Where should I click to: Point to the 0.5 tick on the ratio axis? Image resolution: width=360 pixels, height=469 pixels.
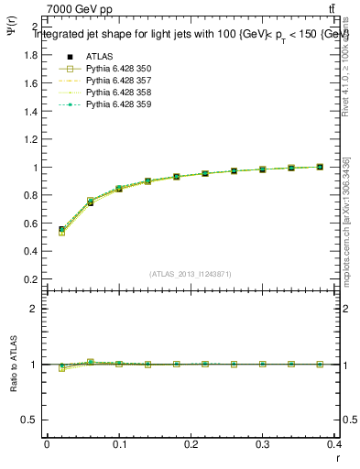coord(30,420)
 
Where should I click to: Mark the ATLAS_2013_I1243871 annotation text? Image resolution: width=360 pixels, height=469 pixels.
coord(191,274)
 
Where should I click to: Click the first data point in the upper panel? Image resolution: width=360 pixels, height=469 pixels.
coord(61,230)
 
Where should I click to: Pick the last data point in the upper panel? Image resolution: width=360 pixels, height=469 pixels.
coord(320,167)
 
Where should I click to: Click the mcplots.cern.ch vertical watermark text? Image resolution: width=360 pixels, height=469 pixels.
coord(350,220)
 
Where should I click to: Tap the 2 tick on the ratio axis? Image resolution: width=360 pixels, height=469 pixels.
coord(34,309)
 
